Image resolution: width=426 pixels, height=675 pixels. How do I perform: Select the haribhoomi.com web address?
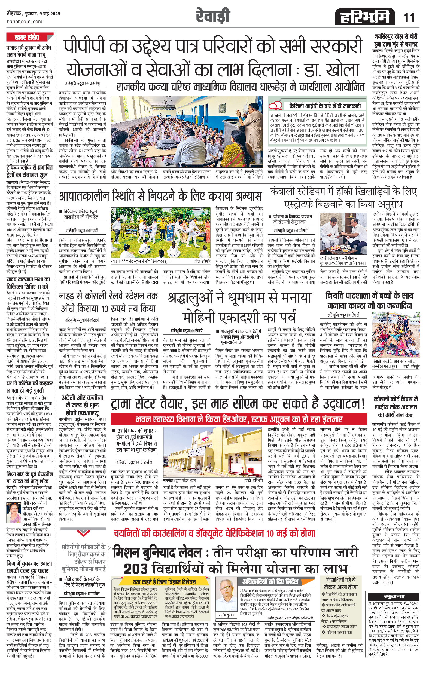tap(25, 22)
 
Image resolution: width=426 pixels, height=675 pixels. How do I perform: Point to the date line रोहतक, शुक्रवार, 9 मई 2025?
tap(34, 14)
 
